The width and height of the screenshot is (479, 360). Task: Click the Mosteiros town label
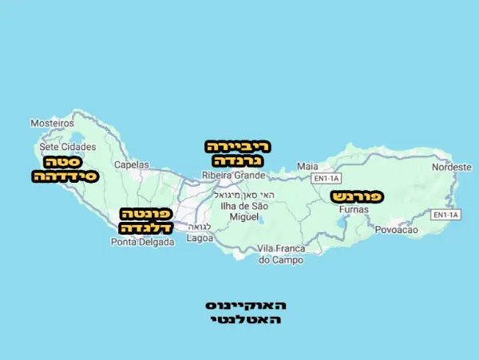tap(51, 124)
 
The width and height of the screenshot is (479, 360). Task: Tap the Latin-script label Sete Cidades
tap(68, 147)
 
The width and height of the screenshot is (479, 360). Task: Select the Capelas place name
tap(132, 164)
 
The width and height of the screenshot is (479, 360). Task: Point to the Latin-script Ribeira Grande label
tap(234, 175)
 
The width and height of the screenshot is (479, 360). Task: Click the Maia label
tap(307, 166)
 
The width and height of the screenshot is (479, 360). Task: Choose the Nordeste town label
tap(452, 167)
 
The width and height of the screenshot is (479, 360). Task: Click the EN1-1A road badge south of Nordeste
tap(446, 215)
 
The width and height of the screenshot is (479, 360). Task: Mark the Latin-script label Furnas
tap(354, 209)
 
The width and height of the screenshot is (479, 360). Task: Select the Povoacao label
tap(397, 230)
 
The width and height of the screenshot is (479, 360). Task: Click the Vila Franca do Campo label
tap(281, 255)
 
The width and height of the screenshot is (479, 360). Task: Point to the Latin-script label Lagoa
tap(200, 238)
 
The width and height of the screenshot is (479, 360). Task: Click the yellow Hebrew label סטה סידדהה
tap(65, 168)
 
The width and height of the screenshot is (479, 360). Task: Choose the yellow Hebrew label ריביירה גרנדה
tap(239, 153)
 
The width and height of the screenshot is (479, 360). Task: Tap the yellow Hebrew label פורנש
tap(357, 196)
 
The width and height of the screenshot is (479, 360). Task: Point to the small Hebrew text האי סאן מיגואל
tap(247, 196)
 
